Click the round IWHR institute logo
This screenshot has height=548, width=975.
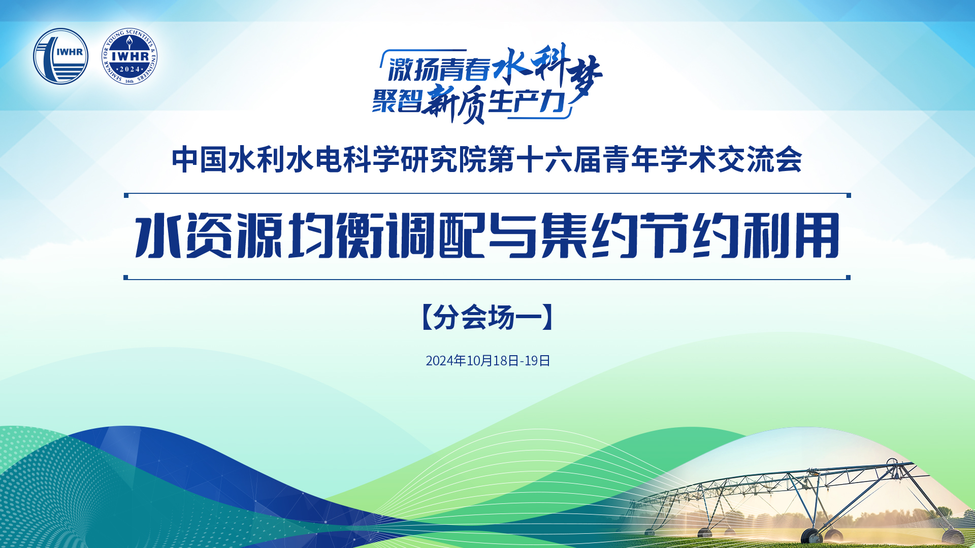[x=61, y=56]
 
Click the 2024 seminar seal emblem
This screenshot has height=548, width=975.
[x=129, y=56]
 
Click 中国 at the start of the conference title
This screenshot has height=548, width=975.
[x=199, y=160]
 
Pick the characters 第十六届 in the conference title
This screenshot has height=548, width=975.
[x=544, y=160]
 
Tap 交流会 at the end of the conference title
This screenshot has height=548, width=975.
[x=760, y=160]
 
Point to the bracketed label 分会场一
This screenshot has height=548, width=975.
[x=487, y=318]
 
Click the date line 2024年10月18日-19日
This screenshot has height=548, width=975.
[x=488, y=361]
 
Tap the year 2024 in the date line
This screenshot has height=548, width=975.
[x=440, y=361]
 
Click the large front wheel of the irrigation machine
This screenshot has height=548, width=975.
[x=811, y=536]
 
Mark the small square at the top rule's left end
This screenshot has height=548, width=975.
[x=126, y=195]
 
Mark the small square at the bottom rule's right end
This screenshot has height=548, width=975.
[x=848, y=278]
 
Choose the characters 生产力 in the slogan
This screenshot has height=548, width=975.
[x=527, y=101]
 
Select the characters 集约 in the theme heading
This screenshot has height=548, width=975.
[x=589, y=236]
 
